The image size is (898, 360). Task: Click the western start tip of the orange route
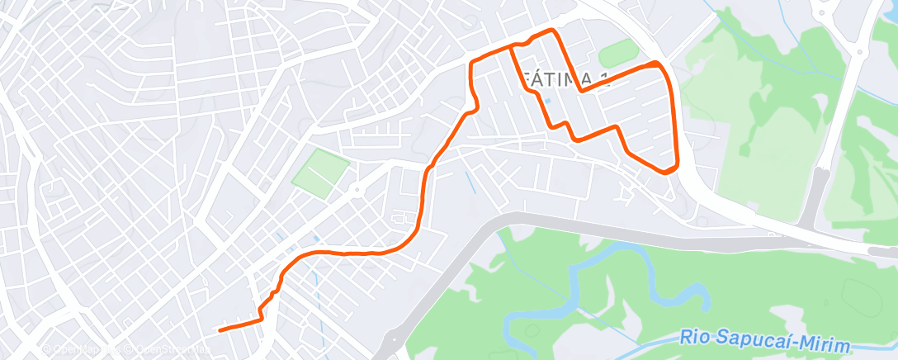pyautogui.click(x=220, y=329)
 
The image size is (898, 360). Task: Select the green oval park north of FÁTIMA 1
pyautogui.click(x=618, y=54)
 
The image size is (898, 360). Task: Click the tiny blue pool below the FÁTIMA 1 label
pyautogui.click(x=547, y=101)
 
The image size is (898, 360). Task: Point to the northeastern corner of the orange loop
pyautogui.click(x=658, y=63)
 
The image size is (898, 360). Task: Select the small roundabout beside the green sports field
pyautogui.click(x=357, y=191)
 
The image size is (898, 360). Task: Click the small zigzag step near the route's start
pyautogui.click(x=263, y=310)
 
